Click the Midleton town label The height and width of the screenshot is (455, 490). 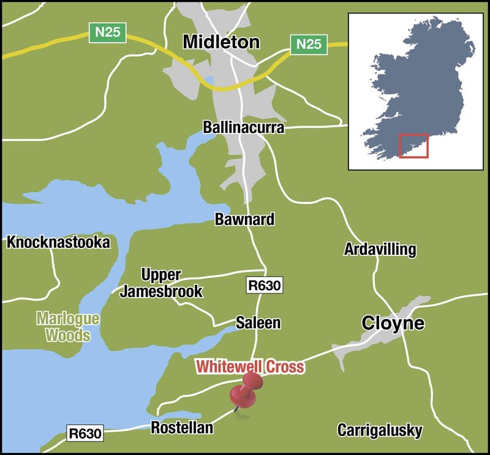[x=221, y=42]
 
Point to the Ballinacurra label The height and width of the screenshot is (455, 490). [x=244, y=127]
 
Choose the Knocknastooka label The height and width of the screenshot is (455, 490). [x=58, y=243]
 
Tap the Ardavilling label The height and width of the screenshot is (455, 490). [x=380, y=249]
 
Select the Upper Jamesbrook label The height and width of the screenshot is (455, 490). [x=160, y=283]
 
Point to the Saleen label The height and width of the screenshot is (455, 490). [x=258, y=323]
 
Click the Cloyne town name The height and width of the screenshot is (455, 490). [x=393, y=323]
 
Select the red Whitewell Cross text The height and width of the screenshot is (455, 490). [x=250, y=367]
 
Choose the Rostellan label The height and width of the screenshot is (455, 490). [x=182, y=428]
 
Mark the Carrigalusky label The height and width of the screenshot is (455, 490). [x=380, y=431]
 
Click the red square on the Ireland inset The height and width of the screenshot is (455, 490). [x=413, y=146]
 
